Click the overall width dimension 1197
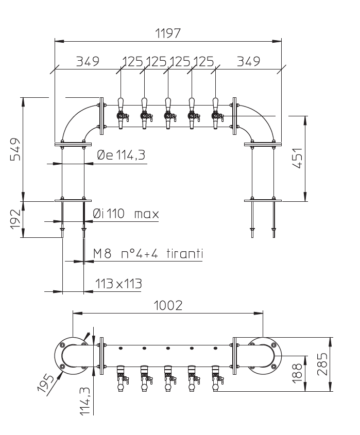(168, 33)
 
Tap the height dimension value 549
(15, 149)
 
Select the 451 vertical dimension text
(297, 158)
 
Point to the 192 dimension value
(15, 219)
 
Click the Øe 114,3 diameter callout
(121, 155)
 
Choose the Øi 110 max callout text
(126, 214)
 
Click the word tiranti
(185, 254)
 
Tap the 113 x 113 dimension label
(118, 284)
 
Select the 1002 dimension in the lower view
(168, 305)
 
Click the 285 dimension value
(322, 364)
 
